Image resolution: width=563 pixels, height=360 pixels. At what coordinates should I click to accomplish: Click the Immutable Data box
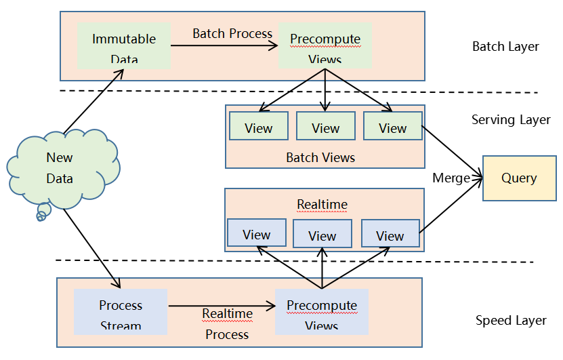[x=124, y=45]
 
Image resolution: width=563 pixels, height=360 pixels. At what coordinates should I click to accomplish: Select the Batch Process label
[x=232, y=33]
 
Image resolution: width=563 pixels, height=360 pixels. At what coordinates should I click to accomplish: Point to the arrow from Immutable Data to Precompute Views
[x=224, y=45]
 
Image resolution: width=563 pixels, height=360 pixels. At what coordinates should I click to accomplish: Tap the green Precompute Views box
[x=325, y=45]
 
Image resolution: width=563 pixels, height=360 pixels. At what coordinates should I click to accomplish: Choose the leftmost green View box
[x=258, y=127]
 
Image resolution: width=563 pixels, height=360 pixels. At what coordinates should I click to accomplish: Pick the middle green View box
[x=325, y=127]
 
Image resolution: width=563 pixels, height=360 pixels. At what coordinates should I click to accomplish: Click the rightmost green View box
[x=392, y=127]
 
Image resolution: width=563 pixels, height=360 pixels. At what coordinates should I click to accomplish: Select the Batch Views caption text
[x=320, y=157]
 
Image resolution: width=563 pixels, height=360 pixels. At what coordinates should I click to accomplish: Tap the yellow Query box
[x=519, y=178]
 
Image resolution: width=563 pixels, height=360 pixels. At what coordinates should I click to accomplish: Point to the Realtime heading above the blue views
[x=322, y=204]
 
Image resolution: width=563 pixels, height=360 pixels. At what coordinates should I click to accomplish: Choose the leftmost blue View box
[x=256, y=233]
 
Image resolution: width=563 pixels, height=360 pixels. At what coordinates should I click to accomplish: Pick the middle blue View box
[x=322, y=235]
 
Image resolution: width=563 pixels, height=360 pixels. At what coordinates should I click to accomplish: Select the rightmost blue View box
[x=390, y=234]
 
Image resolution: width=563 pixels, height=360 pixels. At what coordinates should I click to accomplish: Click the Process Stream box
[x=121, y=311]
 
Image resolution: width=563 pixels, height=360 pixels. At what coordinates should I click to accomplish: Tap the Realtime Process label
[x=227, y=323]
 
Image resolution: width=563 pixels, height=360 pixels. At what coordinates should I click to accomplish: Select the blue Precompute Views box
[x=321, y=311]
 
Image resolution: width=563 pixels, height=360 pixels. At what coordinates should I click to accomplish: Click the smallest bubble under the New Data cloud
[x=41, y=218]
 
